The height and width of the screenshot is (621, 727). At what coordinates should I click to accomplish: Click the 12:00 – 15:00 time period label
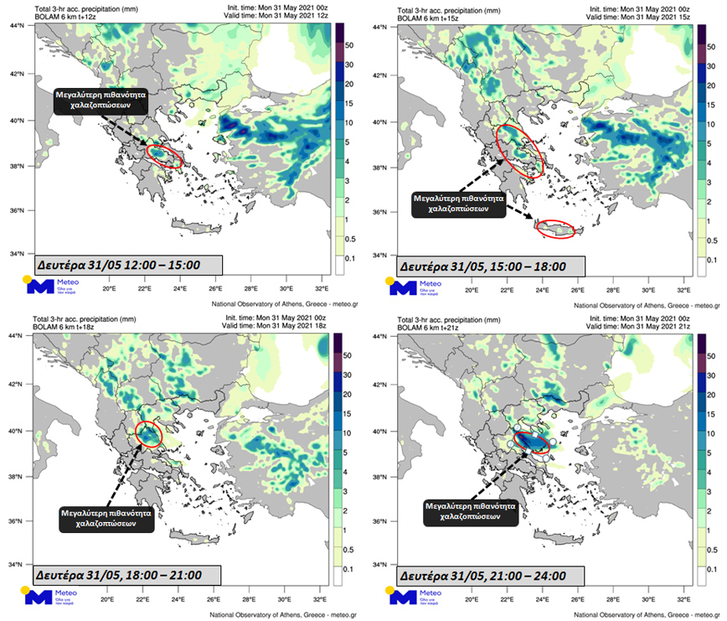coord(117,264)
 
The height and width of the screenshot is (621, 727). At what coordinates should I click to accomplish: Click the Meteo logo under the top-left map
coord(50,286)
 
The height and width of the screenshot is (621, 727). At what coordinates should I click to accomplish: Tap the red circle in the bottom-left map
coord(148,434)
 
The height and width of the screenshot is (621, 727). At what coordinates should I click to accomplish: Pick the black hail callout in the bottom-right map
coord(465,512)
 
